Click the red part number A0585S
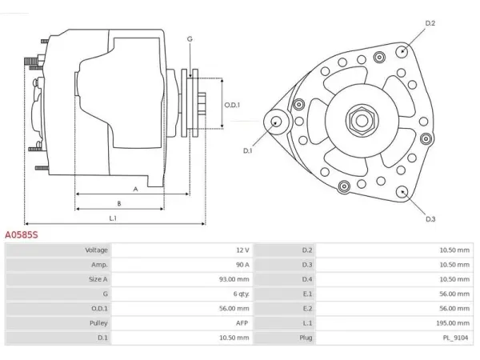22,234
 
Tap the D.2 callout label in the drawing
430,23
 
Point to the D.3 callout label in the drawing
430,219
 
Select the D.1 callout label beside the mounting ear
247,150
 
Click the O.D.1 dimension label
232,105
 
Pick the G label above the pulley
190,39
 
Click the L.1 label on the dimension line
113,218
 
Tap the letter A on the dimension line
135,189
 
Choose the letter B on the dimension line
119,203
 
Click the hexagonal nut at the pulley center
362,120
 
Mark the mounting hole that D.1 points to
276,122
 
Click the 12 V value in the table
242,250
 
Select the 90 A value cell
242,265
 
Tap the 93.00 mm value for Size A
234,279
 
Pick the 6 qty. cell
242,294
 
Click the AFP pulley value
242,323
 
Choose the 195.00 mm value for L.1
453,323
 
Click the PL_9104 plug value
455,338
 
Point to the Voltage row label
96,250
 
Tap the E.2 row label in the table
307,309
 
